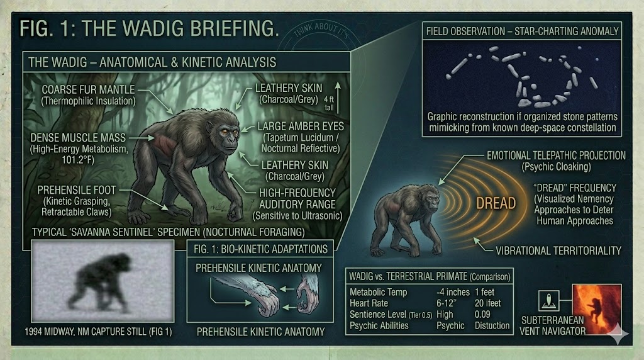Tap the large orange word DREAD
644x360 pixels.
pos(496,203)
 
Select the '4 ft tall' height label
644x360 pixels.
pos(329,103)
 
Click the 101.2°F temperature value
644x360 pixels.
pos(78,160)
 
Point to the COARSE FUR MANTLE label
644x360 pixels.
pos(88,89)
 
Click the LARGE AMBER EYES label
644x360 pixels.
pos(301,127)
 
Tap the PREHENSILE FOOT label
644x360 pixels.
pos(77,190)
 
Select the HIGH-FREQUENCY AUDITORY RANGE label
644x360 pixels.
pos(297,198)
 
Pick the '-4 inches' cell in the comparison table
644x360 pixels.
pos(453,292)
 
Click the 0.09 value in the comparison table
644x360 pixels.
pos(482,315)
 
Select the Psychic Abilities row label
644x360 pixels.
pos(379,325)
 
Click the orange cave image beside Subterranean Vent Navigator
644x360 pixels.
pos(597,308)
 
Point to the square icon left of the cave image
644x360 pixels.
pos(548,301)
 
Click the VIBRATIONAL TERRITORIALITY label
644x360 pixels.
pos(558,250)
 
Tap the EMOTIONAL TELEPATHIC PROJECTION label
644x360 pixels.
pos(556,155)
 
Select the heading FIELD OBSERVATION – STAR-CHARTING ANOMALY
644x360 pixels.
pos(522,31)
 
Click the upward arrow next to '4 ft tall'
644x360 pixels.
pos(338,98)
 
